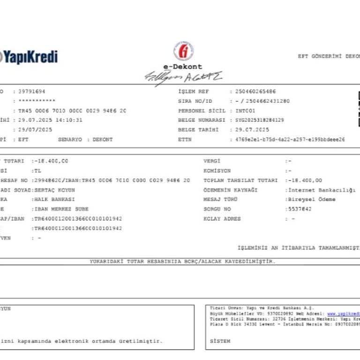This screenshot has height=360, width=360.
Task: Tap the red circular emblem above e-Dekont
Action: pyautogui.click(x=183, y=51)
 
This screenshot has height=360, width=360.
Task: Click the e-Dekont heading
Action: pyautogui.click(x=183, y=67)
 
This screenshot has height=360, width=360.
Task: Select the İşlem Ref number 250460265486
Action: pyautogui.click(x=252, y=91)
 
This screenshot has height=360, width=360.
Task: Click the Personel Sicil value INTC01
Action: pyautogui.click(x=242, y=111)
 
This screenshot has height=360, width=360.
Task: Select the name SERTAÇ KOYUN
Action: pyautogui.click(x=53, y=190)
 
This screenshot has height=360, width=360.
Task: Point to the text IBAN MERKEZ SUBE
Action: pyautogui.click(x=60, y=209)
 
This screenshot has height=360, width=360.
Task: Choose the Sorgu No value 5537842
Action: pyautogui.click(x=298, y=209)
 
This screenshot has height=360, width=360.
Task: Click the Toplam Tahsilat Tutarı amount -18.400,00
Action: pyautogui.click(x=305, y=180)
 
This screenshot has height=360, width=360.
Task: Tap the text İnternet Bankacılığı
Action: pyautogui.click(x=321, y=190)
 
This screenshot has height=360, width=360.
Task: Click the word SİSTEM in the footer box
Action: pyautogui.click(x=220, y=341)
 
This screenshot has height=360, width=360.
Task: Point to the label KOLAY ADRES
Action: pyautogui.click(x=222, y=218)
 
